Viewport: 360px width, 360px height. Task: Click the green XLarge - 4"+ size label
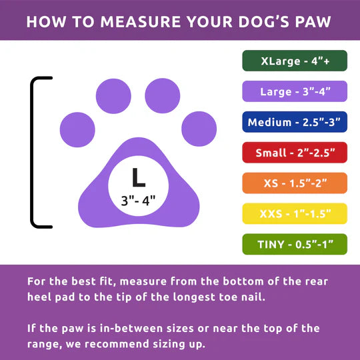pos(294,60)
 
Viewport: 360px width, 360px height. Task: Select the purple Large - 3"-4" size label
pos(294,91)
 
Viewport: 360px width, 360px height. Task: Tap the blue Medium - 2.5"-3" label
pos(294,122)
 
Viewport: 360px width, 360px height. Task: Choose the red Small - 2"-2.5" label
pos(294,153)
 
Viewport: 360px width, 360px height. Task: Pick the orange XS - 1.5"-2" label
pos(294,183)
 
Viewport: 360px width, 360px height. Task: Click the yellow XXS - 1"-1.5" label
pos(294,214)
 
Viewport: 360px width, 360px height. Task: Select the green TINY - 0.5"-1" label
pos(294,245)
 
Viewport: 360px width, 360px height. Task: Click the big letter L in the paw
pos(138,178)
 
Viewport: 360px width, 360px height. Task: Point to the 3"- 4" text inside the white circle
pos(138,200)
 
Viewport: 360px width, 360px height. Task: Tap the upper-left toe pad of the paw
pos(114,95)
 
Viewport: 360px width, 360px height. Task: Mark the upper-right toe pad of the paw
pos(162,95)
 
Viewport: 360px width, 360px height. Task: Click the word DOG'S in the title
pos(256,22)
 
